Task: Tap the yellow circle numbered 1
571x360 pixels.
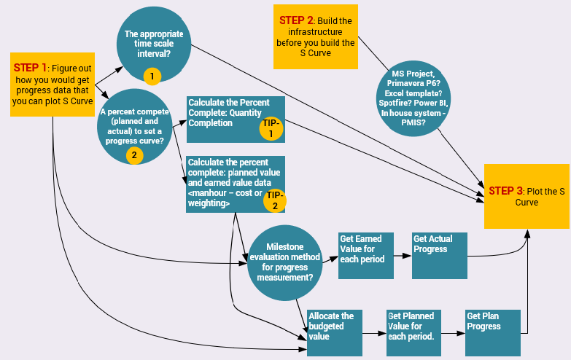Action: point(152,75)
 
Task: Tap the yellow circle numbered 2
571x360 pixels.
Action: point(133,154)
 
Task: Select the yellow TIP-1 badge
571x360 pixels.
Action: point(270,128)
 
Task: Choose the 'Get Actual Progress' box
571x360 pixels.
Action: point(439,255)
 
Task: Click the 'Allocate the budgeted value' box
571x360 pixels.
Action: point(335,332)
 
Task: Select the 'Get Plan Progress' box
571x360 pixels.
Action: point(493,332)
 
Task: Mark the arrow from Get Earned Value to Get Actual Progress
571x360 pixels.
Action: point(403,256)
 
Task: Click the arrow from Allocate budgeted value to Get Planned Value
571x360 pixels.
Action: point(374,333)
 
